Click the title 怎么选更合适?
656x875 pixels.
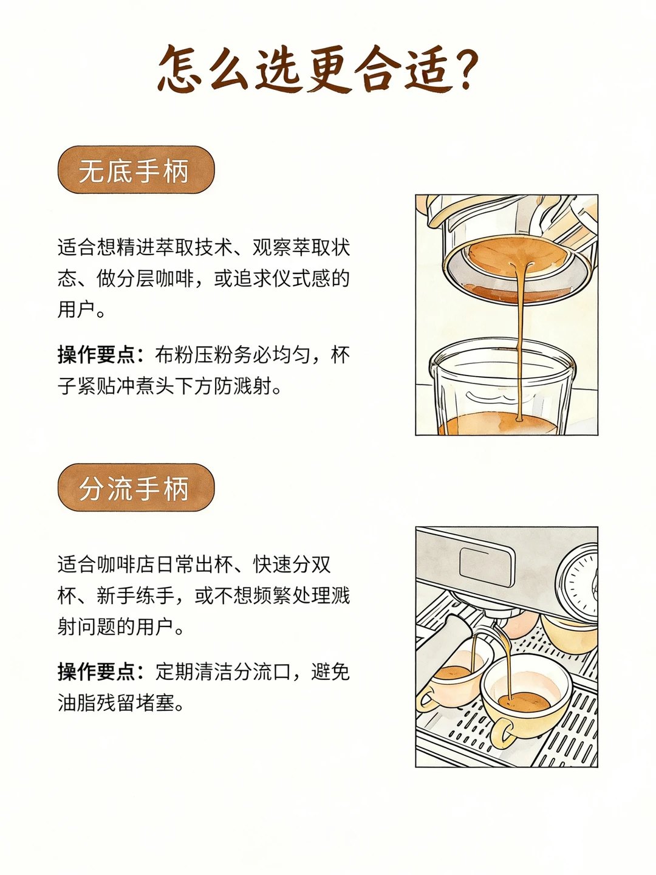point(318,69)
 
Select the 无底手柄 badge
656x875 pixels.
point(136,170)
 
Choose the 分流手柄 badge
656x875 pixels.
point(136,487)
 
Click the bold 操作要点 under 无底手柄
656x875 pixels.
point(97,354)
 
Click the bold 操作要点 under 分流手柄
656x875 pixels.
point(97,671)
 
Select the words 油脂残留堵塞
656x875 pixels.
point(116,703)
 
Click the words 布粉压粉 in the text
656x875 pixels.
point(194,354)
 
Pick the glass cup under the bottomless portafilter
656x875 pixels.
point(502,386)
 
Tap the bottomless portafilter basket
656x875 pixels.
point(517,271)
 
